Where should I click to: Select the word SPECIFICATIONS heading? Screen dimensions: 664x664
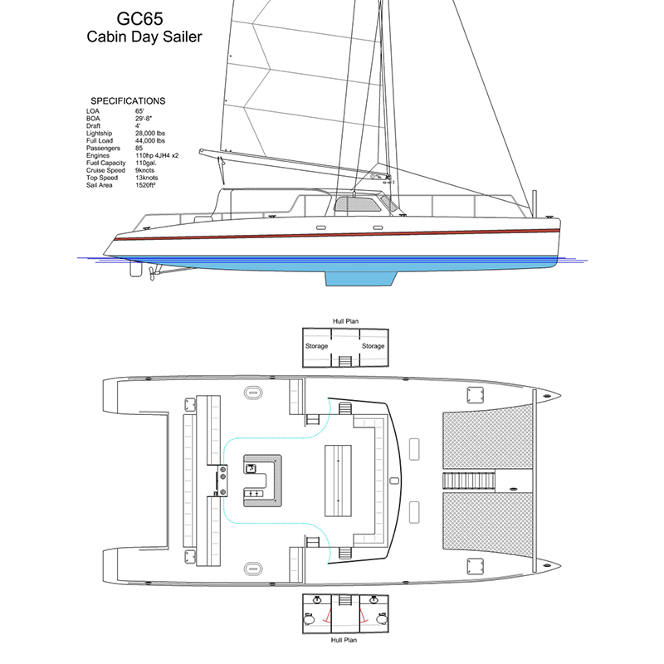[128, 101]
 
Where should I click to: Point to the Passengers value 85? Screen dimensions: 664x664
[139, 148]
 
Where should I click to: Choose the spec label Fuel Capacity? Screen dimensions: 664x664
[105, 163]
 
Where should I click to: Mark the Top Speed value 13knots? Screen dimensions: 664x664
[147, 178]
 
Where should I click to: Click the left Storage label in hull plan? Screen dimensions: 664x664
[316, 346]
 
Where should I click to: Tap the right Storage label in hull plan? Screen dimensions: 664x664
[373, 346]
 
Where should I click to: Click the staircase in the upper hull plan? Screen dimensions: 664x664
[344, 360]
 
